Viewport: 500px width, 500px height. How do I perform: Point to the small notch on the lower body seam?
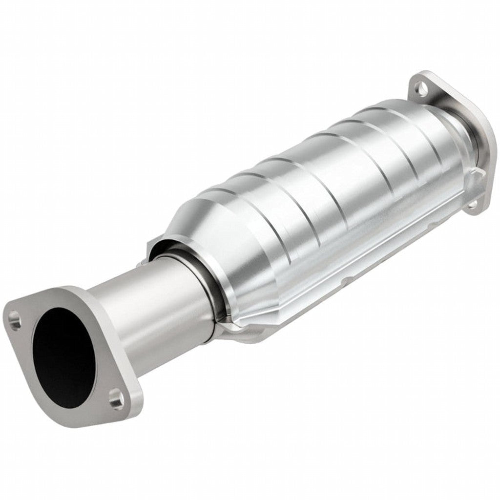click(x=348, y=282)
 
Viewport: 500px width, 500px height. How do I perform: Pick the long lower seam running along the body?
click(x=342, y=273)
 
